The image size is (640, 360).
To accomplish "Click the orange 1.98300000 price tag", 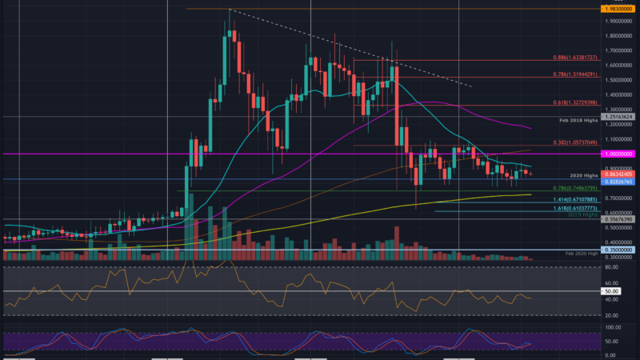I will (621, 9).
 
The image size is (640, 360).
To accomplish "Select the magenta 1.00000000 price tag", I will (621, 154).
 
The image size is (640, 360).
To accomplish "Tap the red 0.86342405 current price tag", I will (621, 174).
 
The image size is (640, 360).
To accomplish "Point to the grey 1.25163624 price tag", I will (621, 117).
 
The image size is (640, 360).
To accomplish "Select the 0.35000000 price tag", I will (621, 250).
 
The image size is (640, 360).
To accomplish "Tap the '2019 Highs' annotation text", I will (581, 214).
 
